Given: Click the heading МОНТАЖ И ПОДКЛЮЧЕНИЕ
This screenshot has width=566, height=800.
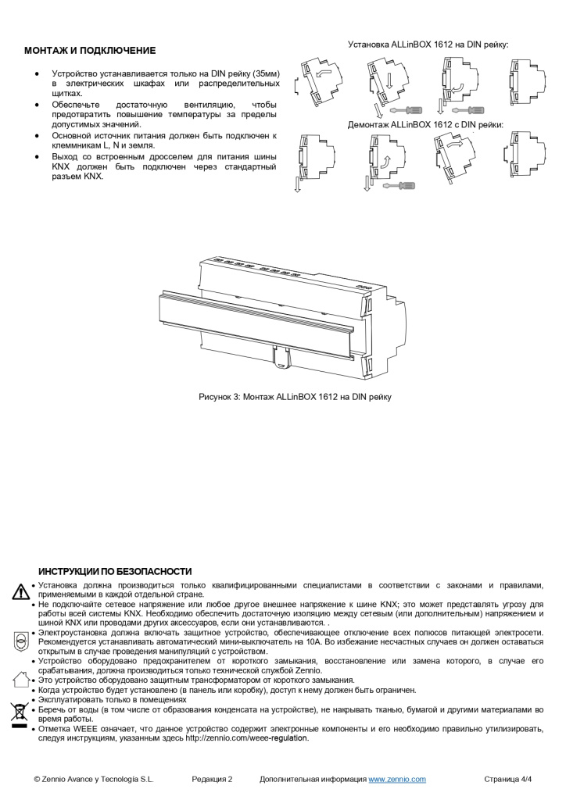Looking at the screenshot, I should [x=90, y=51].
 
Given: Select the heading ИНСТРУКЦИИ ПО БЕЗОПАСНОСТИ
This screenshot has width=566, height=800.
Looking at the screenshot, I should [x=115, y=572].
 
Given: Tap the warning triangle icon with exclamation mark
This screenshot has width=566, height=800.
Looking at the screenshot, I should [x=20, y=591].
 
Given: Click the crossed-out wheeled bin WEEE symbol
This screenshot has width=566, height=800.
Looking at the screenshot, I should [x=20, y=712].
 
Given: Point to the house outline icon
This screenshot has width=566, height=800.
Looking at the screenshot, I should [x=21, y=678].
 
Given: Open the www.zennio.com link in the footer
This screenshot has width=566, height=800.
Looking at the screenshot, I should [x=396, y=779].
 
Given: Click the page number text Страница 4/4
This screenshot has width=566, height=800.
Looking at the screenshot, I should [x=508, y=779].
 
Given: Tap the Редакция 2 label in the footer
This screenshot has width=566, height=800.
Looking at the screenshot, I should [x=212, y=779].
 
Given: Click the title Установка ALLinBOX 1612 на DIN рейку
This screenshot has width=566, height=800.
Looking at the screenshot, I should [x=428, y=45].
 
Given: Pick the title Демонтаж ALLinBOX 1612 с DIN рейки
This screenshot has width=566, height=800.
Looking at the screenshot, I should [x=425, y=124].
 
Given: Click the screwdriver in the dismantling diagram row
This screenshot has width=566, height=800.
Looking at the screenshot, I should [x=399, y=186].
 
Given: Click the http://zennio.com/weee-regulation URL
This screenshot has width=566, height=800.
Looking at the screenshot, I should [x=247, y=737].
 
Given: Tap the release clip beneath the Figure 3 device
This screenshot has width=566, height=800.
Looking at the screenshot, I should [x=283, y=356].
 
